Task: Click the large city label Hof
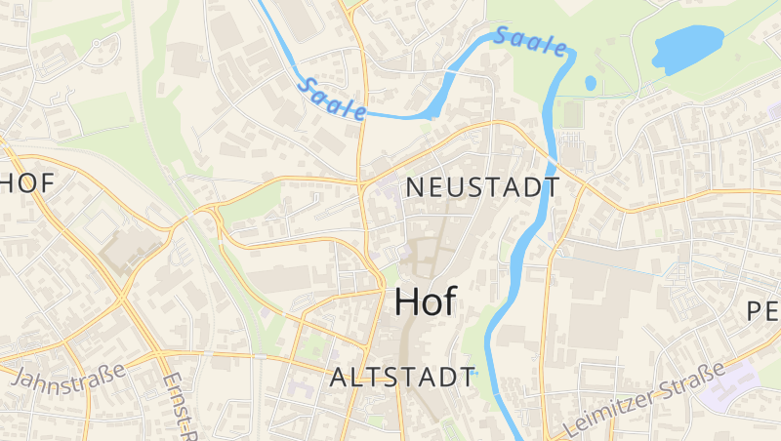click(x=425, y=301)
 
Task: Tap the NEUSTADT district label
click(x=482, y=187)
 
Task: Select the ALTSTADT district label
click(x=401, y=378)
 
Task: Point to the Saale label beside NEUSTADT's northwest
click(x=332, y=98)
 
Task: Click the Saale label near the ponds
click(x=530, y=42)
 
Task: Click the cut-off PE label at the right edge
click(x=762, y=312)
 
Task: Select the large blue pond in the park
click(x=687, y=46)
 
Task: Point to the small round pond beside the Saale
click(x=590, y=83)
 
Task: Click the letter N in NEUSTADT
click(x=412, y=187)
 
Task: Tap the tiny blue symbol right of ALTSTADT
click(x=475, y=373)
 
